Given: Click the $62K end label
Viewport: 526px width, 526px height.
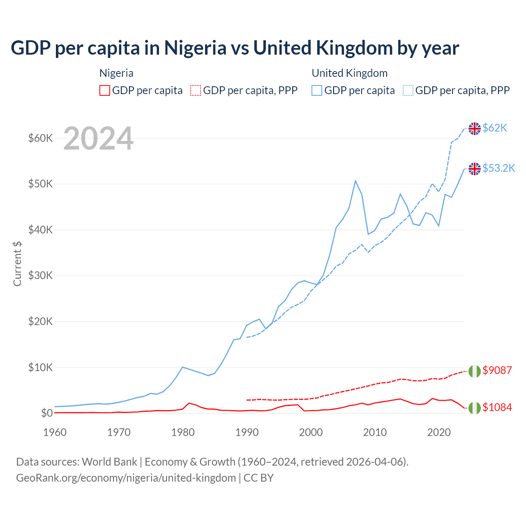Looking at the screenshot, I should point(495,128).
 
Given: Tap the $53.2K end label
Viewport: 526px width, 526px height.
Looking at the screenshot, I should point(498,168).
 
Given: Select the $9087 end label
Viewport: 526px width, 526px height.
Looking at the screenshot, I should point(497,370).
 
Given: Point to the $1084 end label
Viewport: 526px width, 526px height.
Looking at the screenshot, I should point(497,407).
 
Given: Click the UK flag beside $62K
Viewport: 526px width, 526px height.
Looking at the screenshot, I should point(475,129).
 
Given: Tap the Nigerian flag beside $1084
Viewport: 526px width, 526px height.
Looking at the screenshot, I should point(475,408).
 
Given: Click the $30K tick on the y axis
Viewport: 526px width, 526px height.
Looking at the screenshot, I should point(40,275).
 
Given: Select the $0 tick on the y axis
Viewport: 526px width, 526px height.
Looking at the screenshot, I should point(47,413).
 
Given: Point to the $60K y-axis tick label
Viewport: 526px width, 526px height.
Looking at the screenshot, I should point(40,138).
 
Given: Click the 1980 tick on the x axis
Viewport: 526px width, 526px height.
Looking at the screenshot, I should point(183,432).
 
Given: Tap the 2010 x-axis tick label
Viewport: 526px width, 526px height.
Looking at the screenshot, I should point(375,432).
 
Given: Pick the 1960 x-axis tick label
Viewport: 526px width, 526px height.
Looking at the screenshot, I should point(55,432).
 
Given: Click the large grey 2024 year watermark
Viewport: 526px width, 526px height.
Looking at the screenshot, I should point(98,139).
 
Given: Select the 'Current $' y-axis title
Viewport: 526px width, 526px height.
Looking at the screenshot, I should point(17,263).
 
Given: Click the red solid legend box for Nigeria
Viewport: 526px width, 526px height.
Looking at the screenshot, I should point(105,90).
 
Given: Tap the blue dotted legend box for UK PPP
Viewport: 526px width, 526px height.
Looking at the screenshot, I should point(408,90).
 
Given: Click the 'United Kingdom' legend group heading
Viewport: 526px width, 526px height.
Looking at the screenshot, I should point(349,73).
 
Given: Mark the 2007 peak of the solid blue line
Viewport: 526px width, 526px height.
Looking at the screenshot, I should point(355,180).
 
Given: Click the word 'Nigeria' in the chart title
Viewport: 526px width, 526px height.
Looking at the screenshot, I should point(195,48).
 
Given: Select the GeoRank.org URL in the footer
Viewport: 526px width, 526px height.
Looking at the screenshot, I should point(126,478).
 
